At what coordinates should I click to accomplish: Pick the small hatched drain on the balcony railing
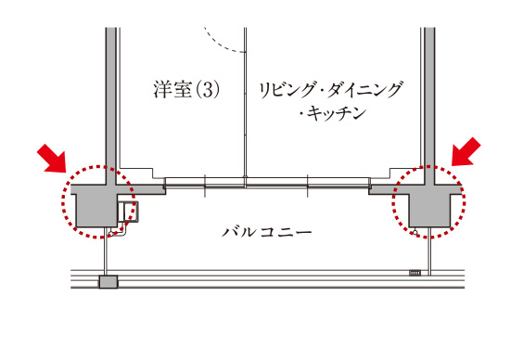click(415, 272)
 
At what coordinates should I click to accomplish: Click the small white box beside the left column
click(126, 212)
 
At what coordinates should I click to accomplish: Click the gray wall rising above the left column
click(110, 93)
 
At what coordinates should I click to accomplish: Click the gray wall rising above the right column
click(428, 93)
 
